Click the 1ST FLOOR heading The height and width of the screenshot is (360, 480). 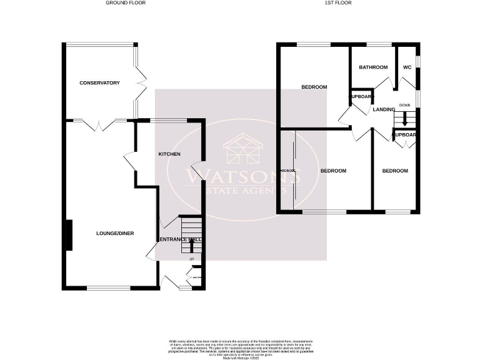tap(338, 3)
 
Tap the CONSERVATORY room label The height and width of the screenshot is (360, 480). tap(99, 82)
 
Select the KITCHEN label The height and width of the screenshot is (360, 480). tap(169, 154)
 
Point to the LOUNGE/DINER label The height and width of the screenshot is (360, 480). tap(115, 234)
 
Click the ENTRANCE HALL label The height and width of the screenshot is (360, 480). tap(181, 240)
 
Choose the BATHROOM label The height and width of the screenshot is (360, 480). tap(373, 67)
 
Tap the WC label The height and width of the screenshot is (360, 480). tap(407, 67)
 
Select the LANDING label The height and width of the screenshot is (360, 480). tap(384, 109)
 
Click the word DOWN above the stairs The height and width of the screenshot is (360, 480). tap(405, 105)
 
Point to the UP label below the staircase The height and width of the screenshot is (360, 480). tap(191, 259)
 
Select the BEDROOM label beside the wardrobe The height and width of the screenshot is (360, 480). tap(333, 171)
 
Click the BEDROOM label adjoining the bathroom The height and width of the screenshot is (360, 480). tap(314, 87)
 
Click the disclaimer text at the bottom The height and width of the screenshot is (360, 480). tap(239, 346)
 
